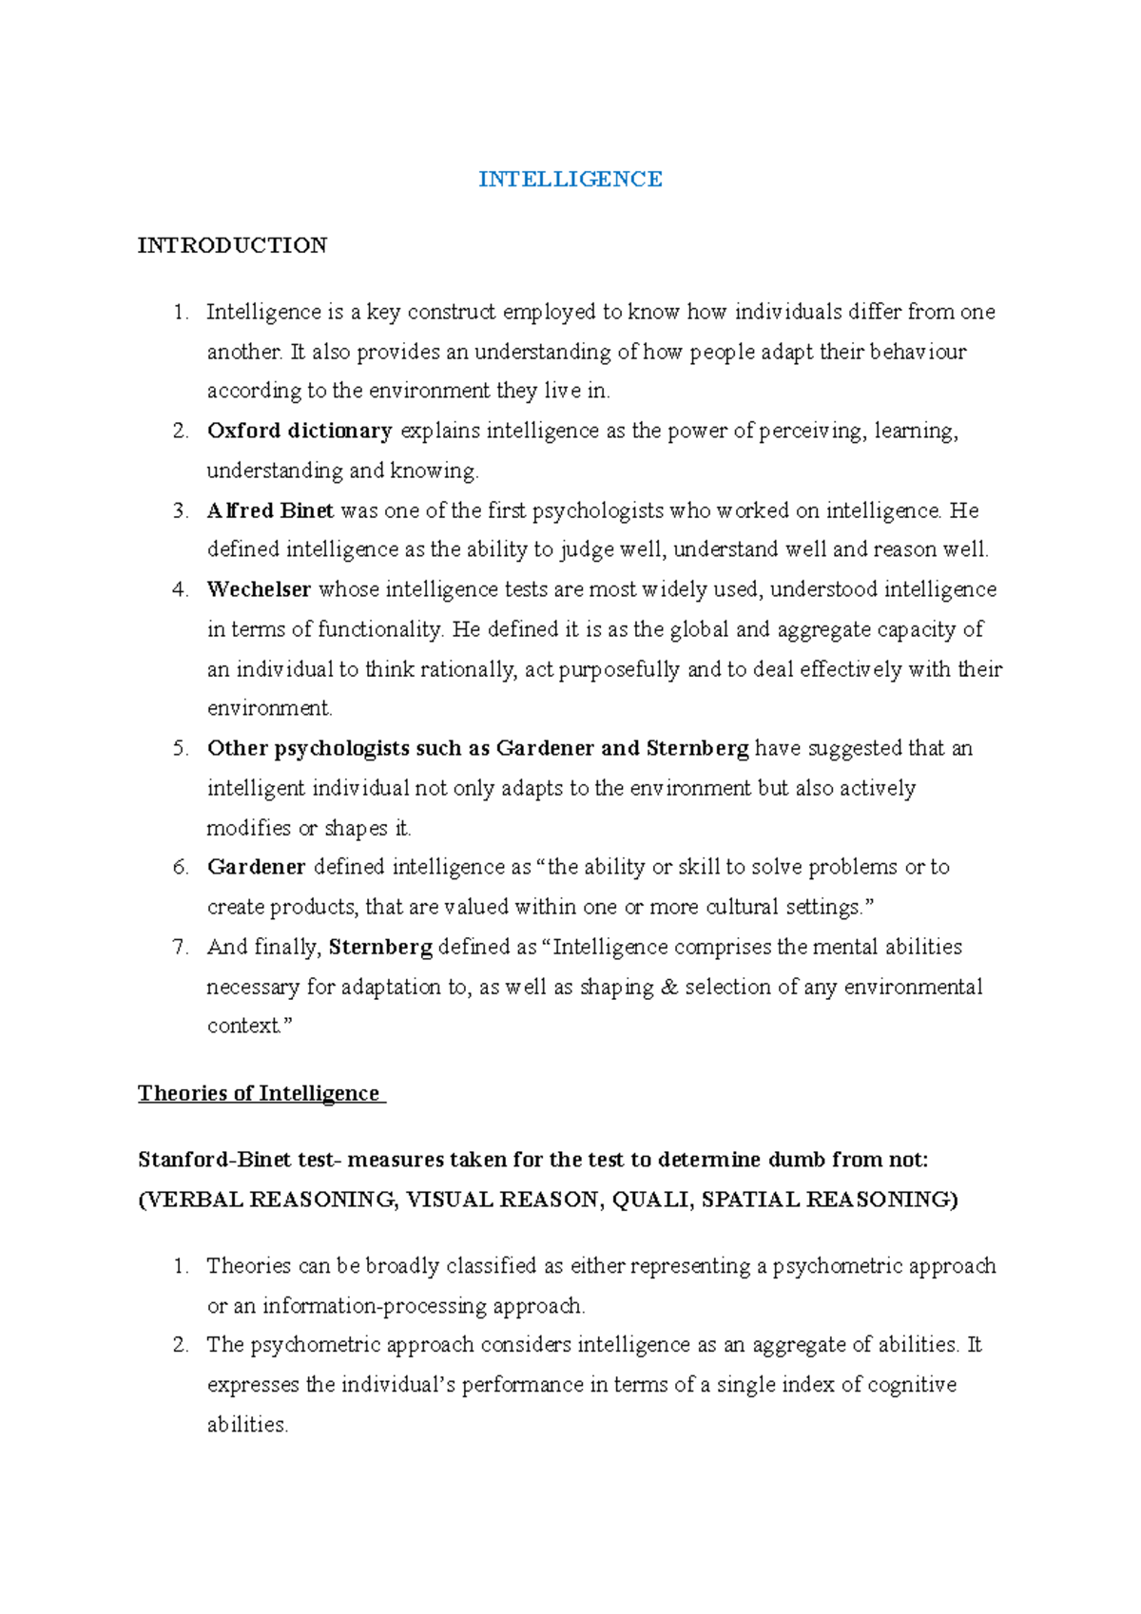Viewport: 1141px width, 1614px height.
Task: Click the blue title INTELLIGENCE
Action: (x=570, y=180)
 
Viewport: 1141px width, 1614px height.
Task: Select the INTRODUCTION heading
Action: (x=232, y=245)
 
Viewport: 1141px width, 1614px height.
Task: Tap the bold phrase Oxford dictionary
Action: (x=300, y=431)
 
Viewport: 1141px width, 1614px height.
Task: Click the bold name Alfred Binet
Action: (x=270, y=510)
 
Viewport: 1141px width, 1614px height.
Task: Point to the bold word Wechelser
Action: (x=259, y=589)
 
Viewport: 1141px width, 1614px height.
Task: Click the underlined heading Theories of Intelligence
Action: (x=259, y=1093)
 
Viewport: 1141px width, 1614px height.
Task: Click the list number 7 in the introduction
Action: (x=180, y=947)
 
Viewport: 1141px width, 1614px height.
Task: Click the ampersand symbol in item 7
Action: (x=669, y=987)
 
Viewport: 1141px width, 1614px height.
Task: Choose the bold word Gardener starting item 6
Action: (x=256, y=867)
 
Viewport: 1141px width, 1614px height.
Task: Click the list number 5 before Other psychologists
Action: (x=180, y=748)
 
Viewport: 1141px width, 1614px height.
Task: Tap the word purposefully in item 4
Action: (x=619, y=669)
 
